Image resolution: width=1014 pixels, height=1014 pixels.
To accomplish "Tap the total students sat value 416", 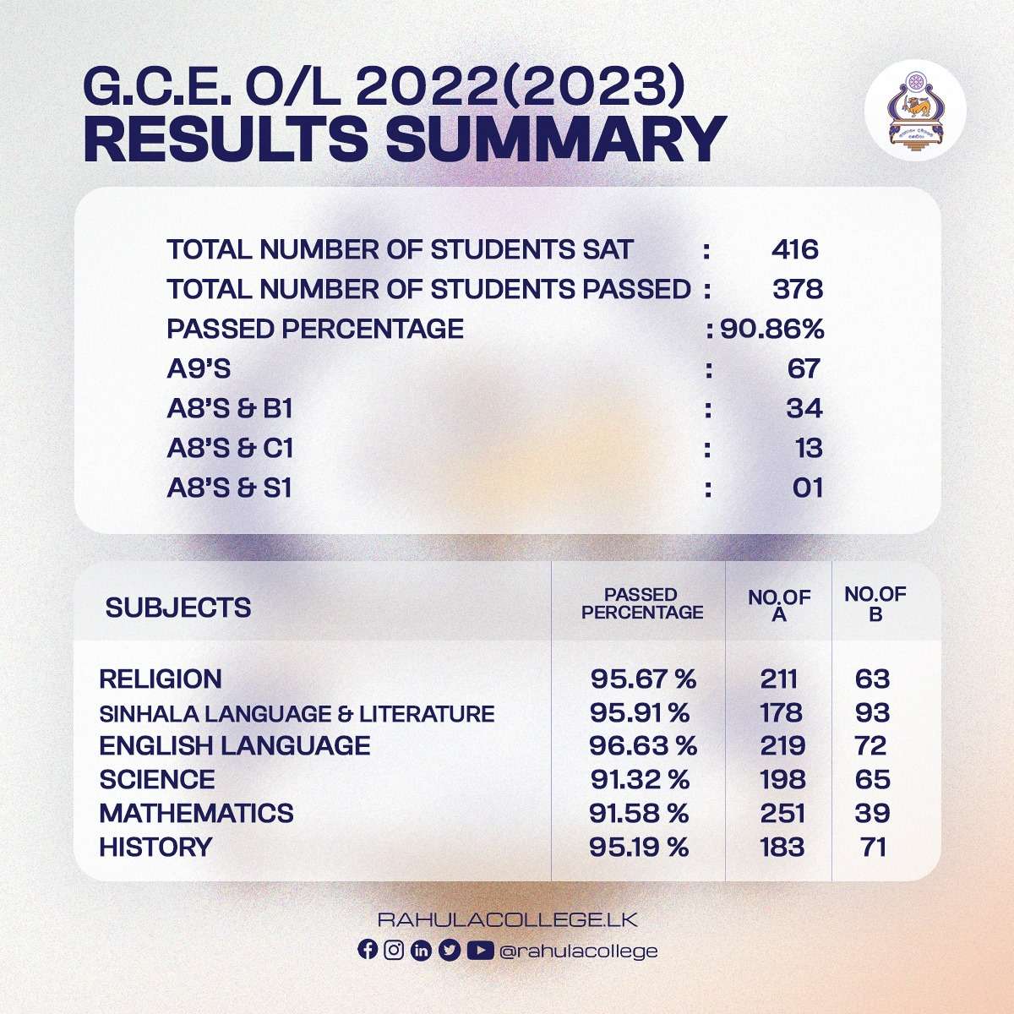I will click(x=794, y=249).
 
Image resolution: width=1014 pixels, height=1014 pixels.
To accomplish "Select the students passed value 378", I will click(x=797, y=289).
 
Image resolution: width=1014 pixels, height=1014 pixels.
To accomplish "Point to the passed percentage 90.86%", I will click(x=771, y=329).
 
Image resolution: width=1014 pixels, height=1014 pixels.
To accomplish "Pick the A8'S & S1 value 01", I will click(x=807, y=488).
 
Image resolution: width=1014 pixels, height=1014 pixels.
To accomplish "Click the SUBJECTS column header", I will click(x=178, y=607).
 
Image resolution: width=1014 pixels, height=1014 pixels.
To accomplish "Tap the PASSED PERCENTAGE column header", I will click(x=641, y=603).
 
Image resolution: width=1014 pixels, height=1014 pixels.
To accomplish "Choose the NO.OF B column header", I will click(x=875, y=603).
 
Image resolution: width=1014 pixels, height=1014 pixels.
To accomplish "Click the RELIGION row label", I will click(x=161, y=679).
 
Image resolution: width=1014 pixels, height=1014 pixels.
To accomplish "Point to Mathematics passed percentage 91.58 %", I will click(x=639, y=813).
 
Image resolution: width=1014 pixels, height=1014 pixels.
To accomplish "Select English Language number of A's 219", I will click(x=782, y=745).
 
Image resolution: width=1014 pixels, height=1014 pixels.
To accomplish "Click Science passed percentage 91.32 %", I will click(x=639, y=779).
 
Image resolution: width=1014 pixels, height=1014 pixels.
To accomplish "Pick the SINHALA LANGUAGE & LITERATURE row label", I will click(x=297, y=713).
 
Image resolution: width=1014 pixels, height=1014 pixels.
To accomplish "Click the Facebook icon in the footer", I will click(x=368, y=950).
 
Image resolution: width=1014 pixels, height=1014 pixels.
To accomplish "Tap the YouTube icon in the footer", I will click(x=479, y=951).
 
